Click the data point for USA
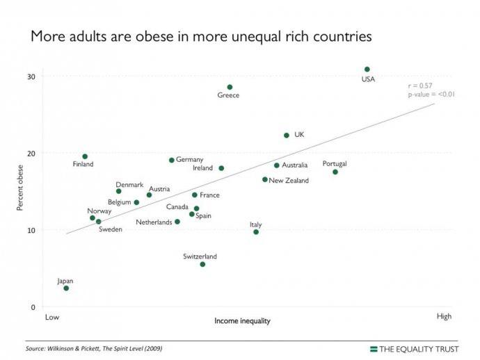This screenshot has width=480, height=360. [x=367, y=69]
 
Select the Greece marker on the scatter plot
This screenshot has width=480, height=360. [x=230, y=88]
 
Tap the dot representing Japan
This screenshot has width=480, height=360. [x=66, y=288]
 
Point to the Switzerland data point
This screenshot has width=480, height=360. [x=202, y=264]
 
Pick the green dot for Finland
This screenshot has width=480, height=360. [x=85, y=156]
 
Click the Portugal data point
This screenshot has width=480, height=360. [x=335, y=172]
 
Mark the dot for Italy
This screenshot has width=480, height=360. [x=256, y=231]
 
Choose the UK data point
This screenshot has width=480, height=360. [x=286, y=136]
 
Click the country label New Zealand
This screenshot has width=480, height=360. [x=289, y=181]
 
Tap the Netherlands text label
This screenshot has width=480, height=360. [x=154, y=222]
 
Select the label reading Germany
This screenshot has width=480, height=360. [x=189, y=160]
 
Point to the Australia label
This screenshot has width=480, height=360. [x=294, y=165]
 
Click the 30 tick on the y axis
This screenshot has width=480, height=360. [x=32, y=76]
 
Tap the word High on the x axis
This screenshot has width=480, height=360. [x=444, y=317]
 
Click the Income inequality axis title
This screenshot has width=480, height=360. [x=242, y=321]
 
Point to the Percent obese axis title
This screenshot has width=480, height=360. [x=19, y=188]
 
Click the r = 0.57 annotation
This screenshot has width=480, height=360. [x=420, y=85]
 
